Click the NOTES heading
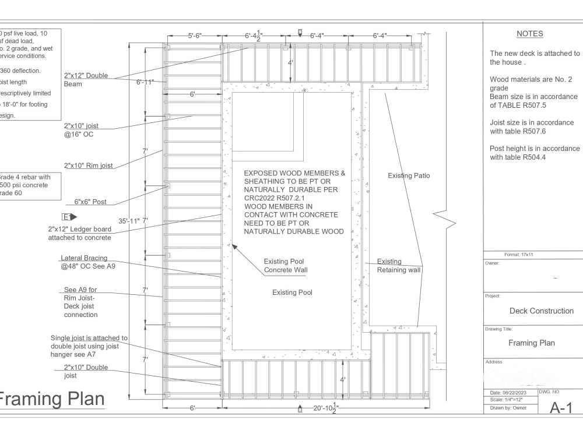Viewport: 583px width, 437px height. pyautogui.click(x=529, y=34)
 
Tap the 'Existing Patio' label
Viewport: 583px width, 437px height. pyautogui.click(x=409, y=175)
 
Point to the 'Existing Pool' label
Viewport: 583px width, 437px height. pyautogui.click(x=292, y=292)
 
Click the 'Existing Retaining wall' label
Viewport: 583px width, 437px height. pyautogui.click(x=398, y=266)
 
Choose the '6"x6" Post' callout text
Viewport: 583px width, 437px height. pyautogui.click(x=90, y=202)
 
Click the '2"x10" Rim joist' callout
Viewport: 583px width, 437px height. pyautogui.click(x=88, y=165)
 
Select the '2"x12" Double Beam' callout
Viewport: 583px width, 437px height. pyautogui.click(x=86, y=79)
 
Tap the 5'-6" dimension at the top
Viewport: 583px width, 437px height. pyautogui.click(x=194, y=36)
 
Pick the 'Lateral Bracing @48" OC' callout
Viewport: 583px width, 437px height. pyautogui.click(x=84, y=262)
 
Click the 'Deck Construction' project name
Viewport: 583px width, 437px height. pyautogui.click(x=541, y=311)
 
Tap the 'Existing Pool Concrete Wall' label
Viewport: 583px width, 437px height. pyautogui.click(x=285, y=266)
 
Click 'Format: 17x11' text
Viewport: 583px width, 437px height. pyautogui.click(x=520, y=255)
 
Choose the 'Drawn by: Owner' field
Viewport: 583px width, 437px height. pyautogui.click(x=505, y=408)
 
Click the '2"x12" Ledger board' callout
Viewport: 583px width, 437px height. pyautogui.click(x=79, y=233)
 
